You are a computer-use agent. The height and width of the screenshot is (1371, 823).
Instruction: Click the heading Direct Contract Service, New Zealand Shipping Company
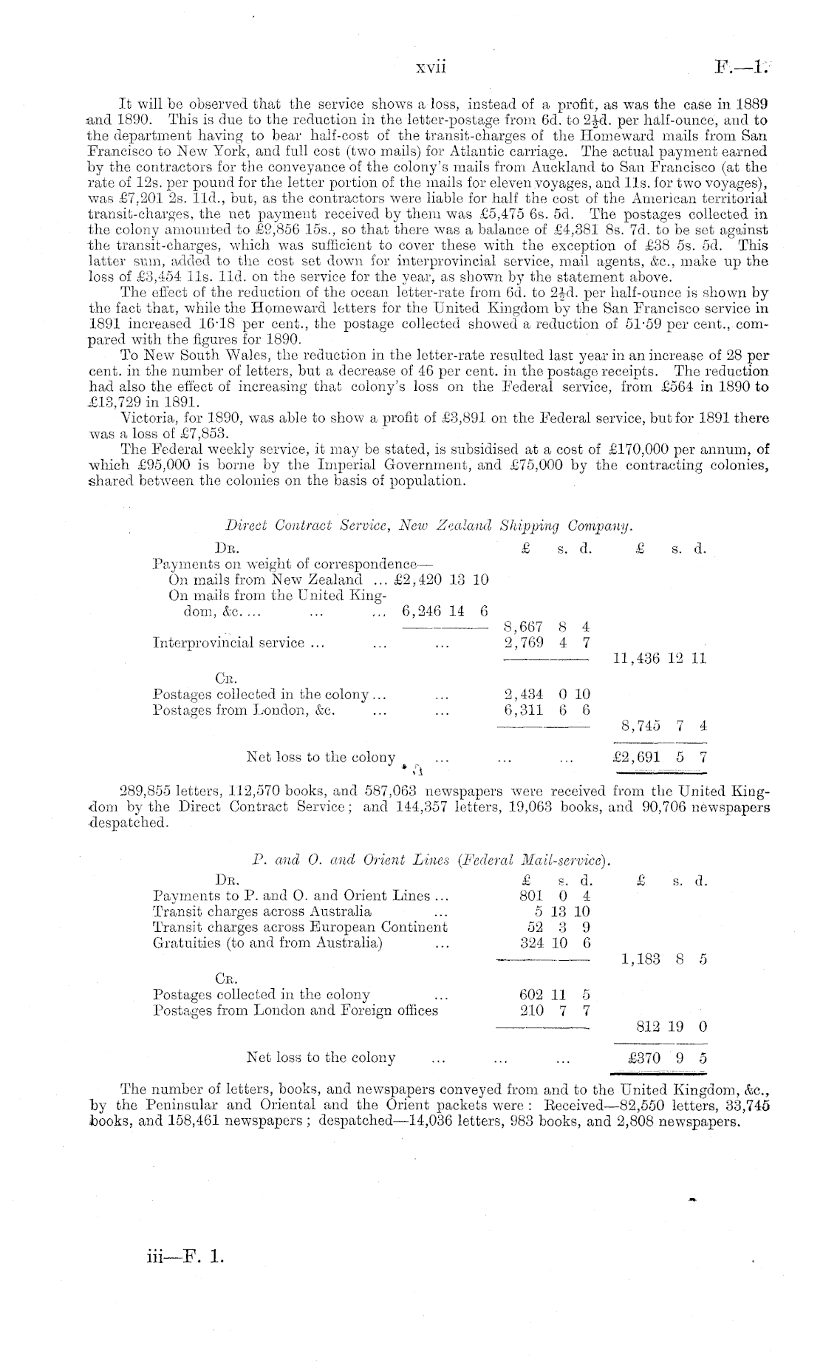click(x=429, y=525)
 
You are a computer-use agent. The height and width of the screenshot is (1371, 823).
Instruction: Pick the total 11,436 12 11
click(x=660, y=658)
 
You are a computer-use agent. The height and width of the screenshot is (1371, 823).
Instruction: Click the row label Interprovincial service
click(x=239, y=643)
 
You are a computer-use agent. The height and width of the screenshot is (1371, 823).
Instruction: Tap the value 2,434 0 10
click(x=545, y=694)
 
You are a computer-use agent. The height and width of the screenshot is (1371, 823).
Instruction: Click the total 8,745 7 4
click(x=663, y=726)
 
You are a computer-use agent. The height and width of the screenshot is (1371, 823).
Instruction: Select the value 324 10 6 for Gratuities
click(x=555, y=943)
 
